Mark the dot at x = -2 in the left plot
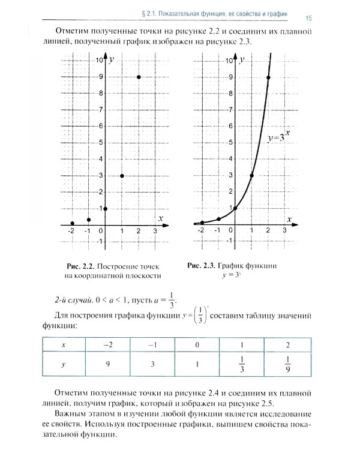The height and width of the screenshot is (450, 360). tap(72, 223)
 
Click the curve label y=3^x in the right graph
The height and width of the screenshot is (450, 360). tap(280, 137)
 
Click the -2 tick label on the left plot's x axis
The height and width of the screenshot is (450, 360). tap(71, 231)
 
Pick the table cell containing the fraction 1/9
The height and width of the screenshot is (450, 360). tap(289, 363)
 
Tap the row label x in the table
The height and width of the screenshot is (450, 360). tap(64, 345)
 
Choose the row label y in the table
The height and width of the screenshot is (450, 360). tap(64, 363)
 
